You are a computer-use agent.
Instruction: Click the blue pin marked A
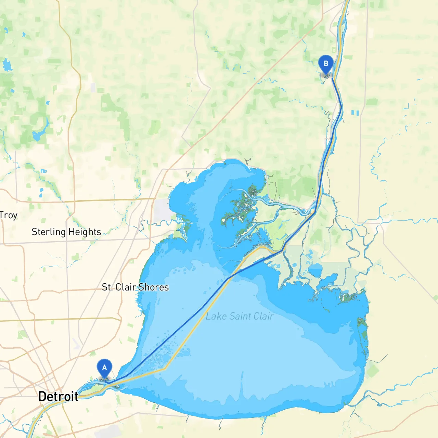tap(104, 368)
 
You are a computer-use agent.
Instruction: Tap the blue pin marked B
tap(326, 64)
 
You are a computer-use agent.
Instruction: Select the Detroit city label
tap(58, 397)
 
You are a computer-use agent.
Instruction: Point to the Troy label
tap(9, 215)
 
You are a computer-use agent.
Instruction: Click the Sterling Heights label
tap(66, 232)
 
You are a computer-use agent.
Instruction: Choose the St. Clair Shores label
tap(135, 287)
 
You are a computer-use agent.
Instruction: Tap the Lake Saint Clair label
tap(240, 316)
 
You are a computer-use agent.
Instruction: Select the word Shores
tap(154, 287)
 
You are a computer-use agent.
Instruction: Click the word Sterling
tap(49, 232)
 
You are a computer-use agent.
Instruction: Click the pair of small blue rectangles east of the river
tap(355, 113)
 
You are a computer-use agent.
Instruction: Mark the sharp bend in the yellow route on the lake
tap(165, 369)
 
